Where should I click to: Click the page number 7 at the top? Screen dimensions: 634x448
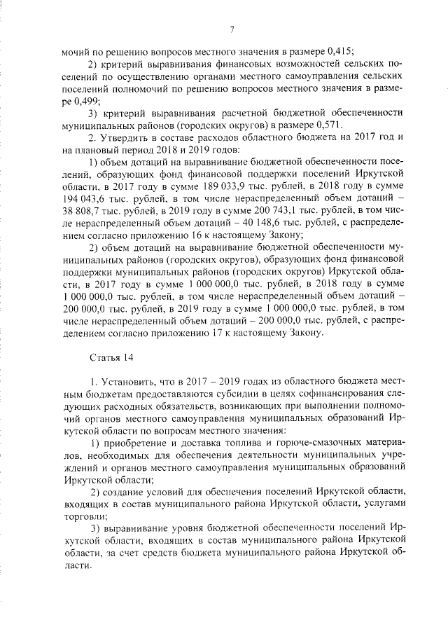(x=230, y=29)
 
